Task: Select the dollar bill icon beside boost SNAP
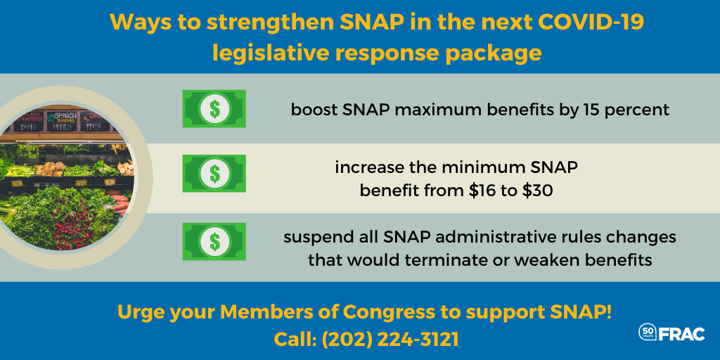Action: pos(214,109)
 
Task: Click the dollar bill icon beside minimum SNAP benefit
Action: pos(214,173)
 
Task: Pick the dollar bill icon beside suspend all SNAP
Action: pos(214,242)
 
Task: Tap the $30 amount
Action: pos(537,191)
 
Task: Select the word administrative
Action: pos(502,238)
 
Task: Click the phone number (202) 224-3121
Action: pos(390,340)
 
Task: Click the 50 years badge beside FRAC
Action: pos(648,332)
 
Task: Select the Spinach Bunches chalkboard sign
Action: pos(61,122)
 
